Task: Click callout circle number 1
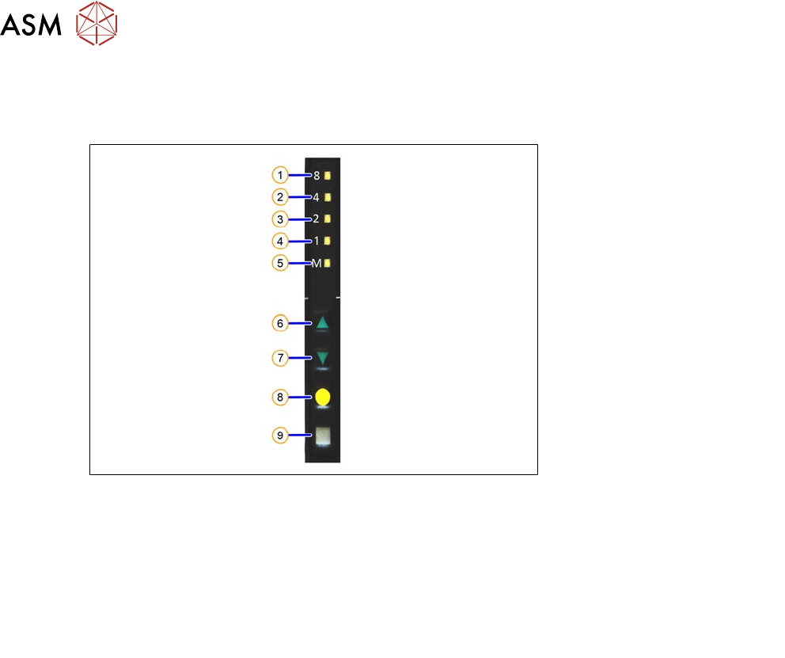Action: click(x=280, y=175)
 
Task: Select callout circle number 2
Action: click(x=280, y=197)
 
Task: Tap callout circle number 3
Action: click(x=280, y=219)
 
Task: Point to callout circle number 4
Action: click(x=280, y=242)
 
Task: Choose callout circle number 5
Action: click(x=280, y=263)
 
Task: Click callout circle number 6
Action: click(x=280, y=324)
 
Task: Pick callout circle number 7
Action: click(x=280, y=358)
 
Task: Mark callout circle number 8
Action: click(x=280, y=397)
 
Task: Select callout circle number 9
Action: click(x=280, y=435)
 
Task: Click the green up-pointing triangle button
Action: click(x=322, y=323)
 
